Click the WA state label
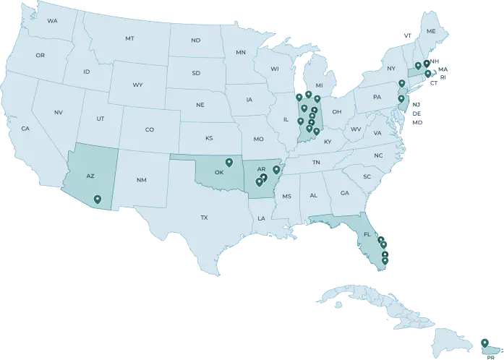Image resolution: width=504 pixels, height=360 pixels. click(52, 21)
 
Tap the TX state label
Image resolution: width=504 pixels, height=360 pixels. click(204, 218)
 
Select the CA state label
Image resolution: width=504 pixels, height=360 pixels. click(25, 129)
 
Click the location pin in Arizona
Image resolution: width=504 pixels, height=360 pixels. click(98, 198)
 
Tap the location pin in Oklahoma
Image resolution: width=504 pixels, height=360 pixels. click(229, 162)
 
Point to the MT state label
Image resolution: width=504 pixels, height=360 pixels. click(129, 38)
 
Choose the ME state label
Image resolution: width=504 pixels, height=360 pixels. click(431, 32)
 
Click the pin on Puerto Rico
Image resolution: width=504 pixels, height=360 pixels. click(484, 341)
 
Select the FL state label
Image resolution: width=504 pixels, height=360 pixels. click(367, 235)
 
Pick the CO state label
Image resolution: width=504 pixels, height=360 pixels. click(150, 130)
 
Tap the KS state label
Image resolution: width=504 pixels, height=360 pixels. click(209, 137)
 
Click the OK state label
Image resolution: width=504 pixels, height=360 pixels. click(219, 173)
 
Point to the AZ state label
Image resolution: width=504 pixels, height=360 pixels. click(90, 176)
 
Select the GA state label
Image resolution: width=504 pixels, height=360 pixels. click(344, 193)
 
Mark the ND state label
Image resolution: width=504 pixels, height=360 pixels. click(195, 40)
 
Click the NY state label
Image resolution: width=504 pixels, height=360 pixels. click(391, 69)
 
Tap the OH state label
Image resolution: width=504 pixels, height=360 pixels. click(337, 112)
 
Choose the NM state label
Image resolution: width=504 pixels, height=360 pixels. click(141, 180)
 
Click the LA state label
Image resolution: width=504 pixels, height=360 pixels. click(261, 218)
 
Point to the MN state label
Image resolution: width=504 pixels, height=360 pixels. click(241, 53)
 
